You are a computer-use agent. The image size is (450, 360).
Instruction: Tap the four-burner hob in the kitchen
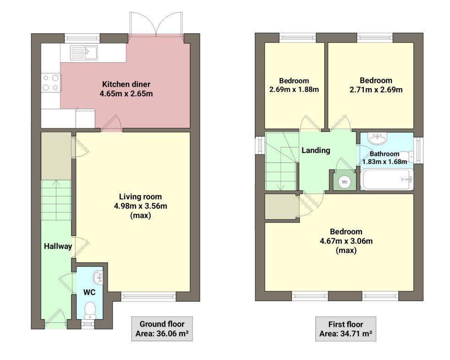coord(51,82)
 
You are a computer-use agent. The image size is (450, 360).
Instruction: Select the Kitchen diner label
coord(126,84)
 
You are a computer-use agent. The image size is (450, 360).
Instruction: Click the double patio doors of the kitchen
coord(156,25)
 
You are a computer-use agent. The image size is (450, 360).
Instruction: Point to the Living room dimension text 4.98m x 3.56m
coord(141,206)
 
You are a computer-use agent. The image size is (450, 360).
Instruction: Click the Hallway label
coord(58,246)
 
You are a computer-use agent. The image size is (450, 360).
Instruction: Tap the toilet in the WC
coord(91,310)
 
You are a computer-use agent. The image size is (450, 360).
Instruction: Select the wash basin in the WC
coord(99,277)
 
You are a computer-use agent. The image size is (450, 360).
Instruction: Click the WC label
coord(89,291)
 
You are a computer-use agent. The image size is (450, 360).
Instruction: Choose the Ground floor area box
coord(161,328)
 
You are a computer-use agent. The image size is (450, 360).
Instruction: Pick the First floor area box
coord(346,328)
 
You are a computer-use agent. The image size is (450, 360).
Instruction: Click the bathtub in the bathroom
coord(387,180)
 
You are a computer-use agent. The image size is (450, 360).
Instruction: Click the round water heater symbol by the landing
coord(344,182)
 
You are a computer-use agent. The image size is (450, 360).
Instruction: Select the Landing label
coord(315,150)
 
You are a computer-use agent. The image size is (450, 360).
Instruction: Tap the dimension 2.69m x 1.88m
coord(294,89)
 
